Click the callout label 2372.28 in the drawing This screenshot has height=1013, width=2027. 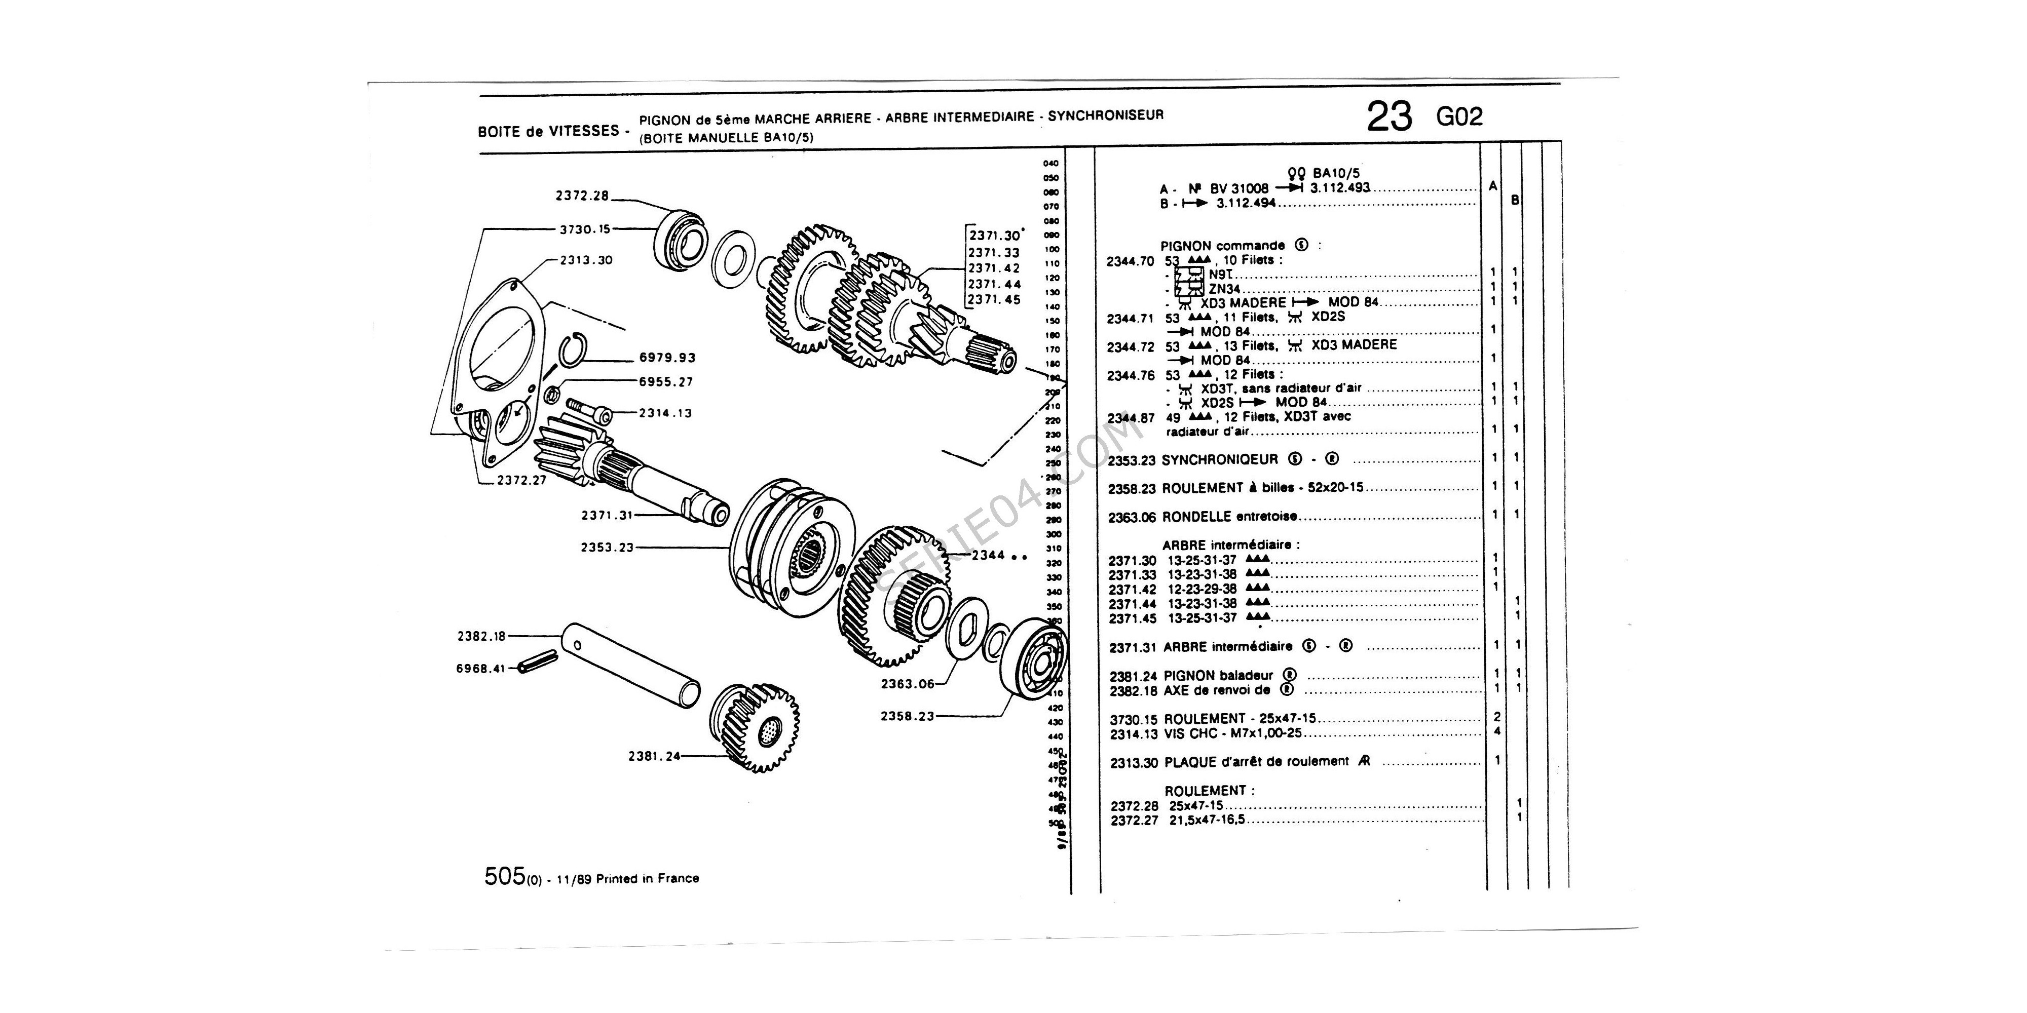click(582, 197)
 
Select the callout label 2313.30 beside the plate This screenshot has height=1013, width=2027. click(586, 260)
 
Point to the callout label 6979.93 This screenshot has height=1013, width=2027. click(667, 358)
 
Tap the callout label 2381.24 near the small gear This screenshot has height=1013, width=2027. click(654, 757)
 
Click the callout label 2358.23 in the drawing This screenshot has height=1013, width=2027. click(907, 717)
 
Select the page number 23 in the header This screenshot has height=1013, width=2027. click(1389, 116)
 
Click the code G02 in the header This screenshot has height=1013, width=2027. click(1459, 117)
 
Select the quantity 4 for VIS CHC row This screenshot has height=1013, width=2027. click(1496, 731)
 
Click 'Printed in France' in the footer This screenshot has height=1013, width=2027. click(647, 878)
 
